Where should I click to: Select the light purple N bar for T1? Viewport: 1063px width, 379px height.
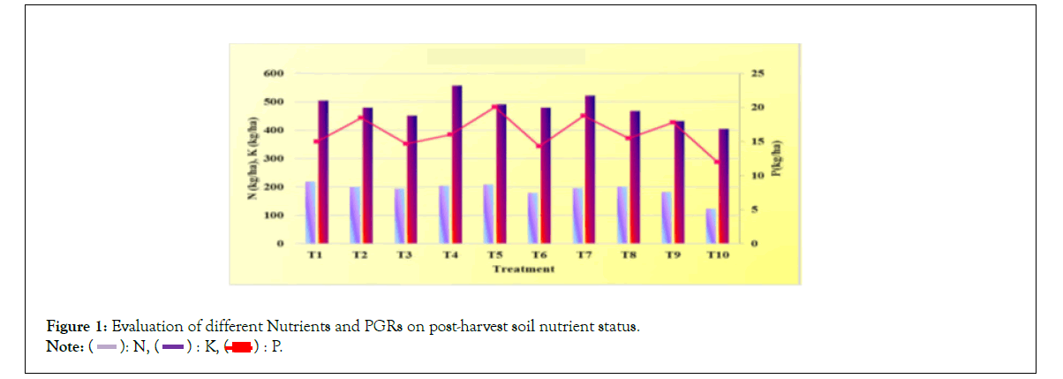[311, 212]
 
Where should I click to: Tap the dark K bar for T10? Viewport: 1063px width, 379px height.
[723, 186]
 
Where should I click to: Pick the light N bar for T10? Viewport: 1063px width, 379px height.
[711, 225]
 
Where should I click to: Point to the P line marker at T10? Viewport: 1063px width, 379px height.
[717, 162]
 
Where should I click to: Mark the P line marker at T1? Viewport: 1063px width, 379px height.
[316, 141]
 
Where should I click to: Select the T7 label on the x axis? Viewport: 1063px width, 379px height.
[584, 254]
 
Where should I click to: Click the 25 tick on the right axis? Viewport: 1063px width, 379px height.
[757, 72]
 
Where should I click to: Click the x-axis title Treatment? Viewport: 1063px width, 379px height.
[524, 269]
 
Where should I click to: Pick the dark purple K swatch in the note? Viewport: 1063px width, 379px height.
[171, 346]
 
